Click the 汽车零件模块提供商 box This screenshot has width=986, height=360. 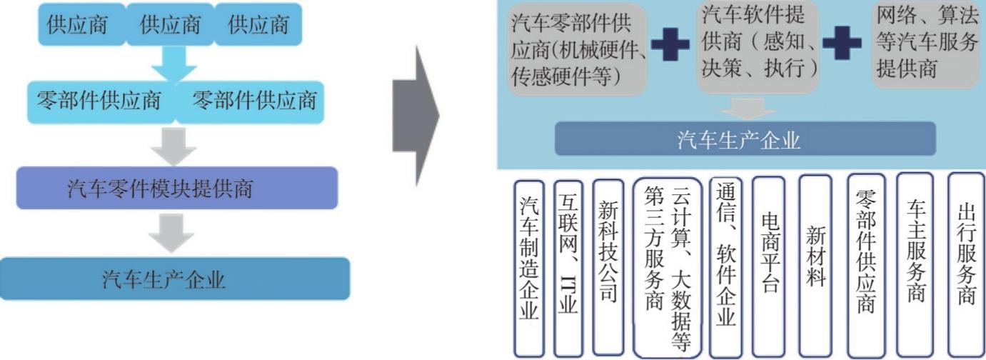coord(176,189)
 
